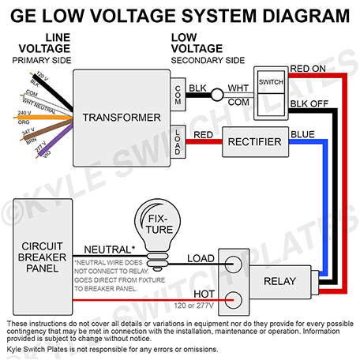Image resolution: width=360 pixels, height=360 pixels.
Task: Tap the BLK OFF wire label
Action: pos(309,103)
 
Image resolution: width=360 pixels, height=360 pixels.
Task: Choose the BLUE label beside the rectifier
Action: pos(303,134)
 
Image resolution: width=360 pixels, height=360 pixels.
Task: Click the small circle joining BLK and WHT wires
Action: pos(214,95)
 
